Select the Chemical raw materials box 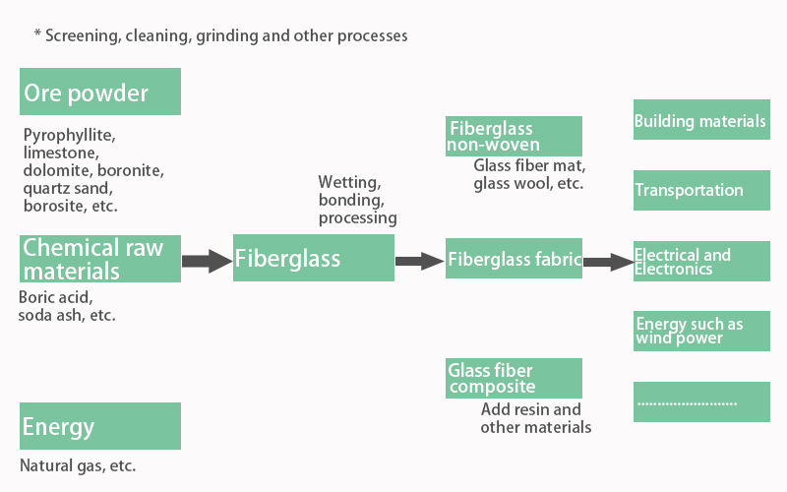pos(100,258)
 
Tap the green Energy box pos(100,426)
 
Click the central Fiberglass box pos(313,258)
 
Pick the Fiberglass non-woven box pos(514,136)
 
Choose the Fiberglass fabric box pos(514,260)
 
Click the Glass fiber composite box pos(514,378)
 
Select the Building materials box pos(700,122)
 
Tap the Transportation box pos(700,190)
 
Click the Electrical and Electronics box pos(700,261)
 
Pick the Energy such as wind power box pos(700,331)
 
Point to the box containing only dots pos(700,401)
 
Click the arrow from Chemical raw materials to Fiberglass pos(207,261)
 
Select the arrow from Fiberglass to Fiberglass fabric pos(419,261)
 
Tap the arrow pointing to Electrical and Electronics pos(607,261)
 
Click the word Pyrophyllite pos(63,135)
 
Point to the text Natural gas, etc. pos(78,465)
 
